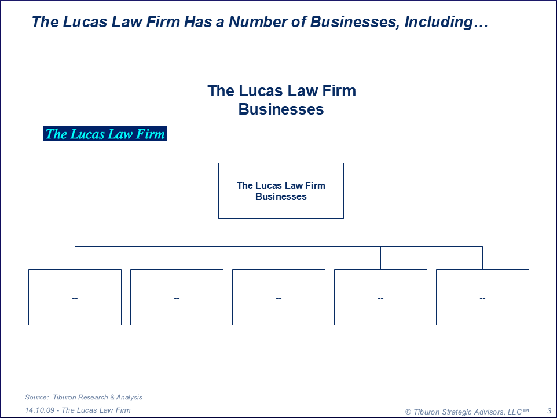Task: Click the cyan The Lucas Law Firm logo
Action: click(105, 134)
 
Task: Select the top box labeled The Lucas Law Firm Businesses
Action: click(281, 190)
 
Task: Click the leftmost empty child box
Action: click(75, 297)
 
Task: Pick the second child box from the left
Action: click(177, 297)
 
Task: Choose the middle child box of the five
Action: click(278, 297)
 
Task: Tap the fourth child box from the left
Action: click(380, 297)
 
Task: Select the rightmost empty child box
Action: click(482, 297)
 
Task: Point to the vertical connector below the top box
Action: click(278, 232)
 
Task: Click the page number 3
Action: click(549, 411)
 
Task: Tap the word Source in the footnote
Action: click(36, 397)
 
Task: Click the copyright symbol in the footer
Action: click(408, 412)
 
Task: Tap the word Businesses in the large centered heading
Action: click(281, 109)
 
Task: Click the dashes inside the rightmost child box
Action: click(482, 298)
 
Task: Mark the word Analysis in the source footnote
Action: click(129, 397)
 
